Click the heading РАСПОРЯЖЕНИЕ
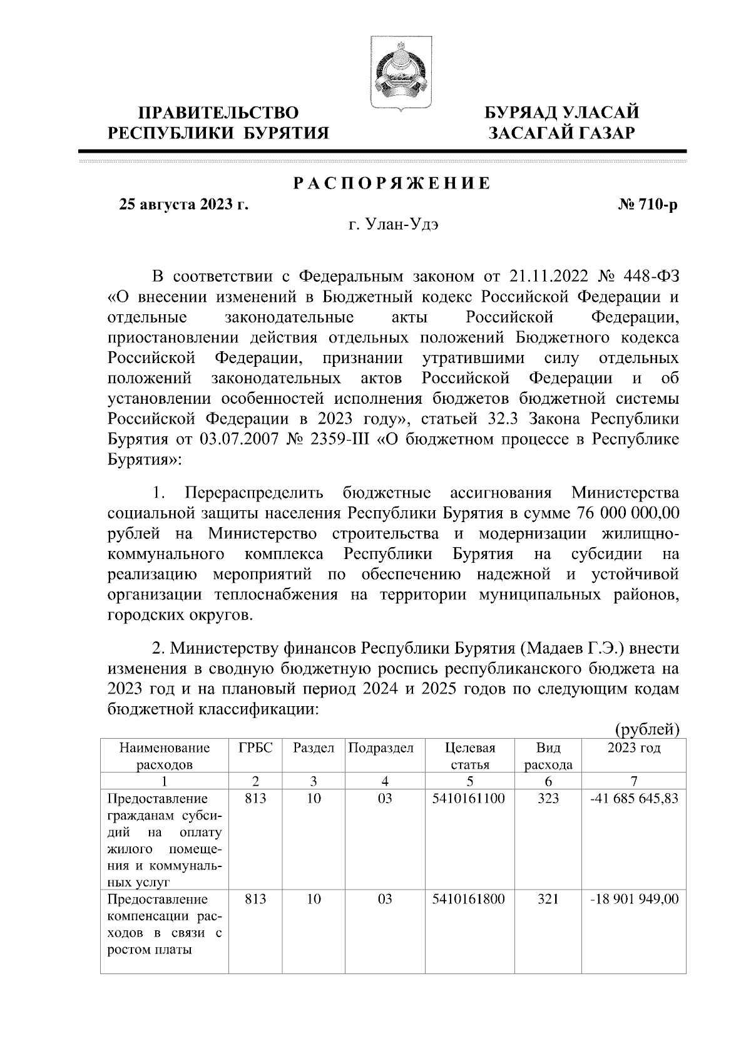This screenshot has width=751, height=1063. point(392,184)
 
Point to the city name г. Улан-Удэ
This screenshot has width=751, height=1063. point(393,225)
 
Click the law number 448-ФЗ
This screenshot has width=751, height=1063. point(647,276)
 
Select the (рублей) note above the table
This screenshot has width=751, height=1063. point(647,729)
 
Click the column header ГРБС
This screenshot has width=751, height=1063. point(255,748)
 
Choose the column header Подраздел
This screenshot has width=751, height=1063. point(381,748)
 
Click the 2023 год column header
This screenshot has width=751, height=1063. point(633,748)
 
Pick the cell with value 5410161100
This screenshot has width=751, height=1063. point(469,799)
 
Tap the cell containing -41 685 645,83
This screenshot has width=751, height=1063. point(633,799)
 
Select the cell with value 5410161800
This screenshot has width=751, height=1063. point(469,900)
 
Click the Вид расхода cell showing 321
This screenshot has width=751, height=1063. point(548,900)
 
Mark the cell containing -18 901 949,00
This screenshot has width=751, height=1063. point(633,900)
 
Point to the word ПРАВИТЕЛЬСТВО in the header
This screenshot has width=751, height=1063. point(218,113)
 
